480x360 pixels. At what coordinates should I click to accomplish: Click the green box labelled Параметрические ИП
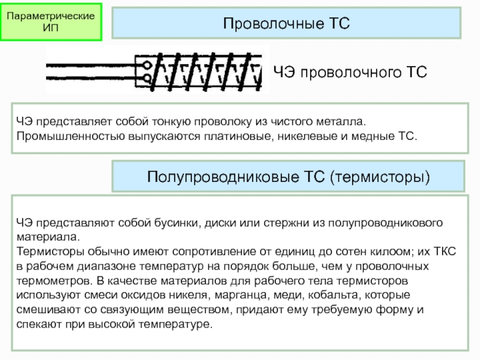point(51,22)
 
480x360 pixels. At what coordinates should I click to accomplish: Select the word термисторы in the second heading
point(380,177)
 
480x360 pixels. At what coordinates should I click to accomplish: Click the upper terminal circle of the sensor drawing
point(147,65)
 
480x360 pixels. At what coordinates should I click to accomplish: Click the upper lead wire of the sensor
point(94,65)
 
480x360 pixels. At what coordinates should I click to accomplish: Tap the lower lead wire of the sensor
point(94,77)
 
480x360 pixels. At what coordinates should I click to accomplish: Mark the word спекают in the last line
point(39,324)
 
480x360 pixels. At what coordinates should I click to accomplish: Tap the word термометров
point(53,280)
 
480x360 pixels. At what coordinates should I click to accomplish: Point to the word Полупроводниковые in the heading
point(223,177)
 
